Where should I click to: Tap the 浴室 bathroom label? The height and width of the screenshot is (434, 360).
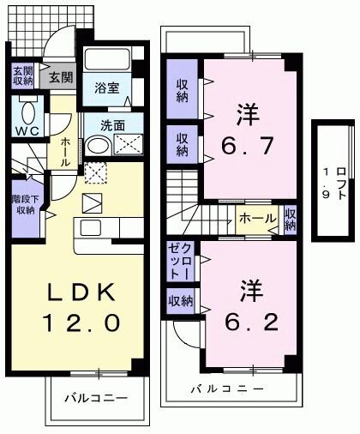(x=106, y=87)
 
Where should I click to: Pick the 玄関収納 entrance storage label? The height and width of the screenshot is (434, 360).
(x=22, y=76)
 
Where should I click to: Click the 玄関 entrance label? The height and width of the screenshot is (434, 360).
(x=60, y=77)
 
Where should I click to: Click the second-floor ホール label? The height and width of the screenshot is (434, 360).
(x=256, y=219)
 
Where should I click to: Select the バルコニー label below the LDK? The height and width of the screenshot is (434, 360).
(x=94, y=399)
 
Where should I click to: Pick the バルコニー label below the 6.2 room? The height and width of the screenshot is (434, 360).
(x=227, y=389)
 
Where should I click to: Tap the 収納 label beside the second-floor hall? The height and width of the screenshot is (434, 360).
(x=291, y=219)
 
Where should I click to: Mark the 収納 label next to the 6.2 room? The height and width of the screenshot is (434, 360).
(x=180, y=301)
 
